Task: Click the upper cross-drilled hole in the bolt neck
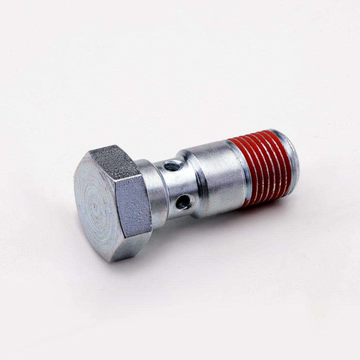pyautogui.click(x=173, y=165)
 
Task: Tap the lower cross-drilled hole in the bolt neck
pyautogui.click(x=184, y=202)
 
